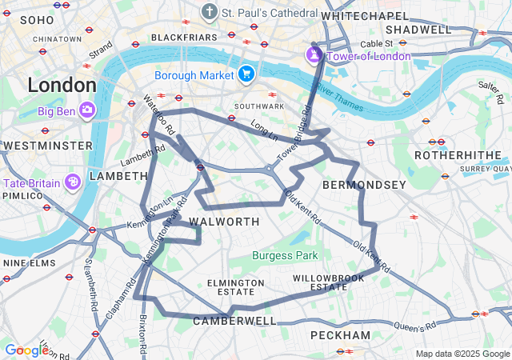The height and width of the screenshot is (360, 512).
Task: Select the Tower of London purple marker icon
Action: coord(314,56)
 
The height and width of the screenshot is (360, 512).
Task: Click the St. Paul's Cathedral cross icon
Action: coord(210,12)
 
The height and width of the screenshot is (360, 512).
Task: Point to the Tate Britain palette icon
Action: coord(72,182)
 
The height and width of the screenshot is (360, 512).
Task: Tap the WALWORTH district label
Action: coord(224,222)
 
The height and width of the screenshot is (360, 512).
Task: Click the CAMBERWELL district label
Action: coord(234,321)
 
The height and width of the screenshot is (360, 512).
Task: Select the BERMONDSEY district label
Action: coord(364,185)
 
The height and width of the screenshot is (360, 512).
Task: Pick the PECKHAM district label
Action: coord(340,334)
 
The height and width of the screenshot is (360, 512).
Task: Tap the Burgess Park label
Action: coord(285,256)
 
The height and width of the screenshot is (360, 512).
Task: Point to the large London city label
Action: coord(62,84)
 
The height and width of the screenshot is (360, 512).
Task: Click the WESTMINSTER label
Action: coord(48,146)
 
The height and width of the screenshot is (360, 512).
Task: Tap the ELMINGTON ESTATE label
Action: coord(235,287)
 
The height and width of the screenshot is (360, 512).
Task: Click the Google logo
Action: coord(26,350)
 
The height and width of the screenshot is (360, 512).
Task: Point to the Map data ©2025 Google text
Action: coord(462,354)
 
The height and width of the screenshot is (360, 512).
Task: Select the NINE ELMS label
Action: coord(28,262)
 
